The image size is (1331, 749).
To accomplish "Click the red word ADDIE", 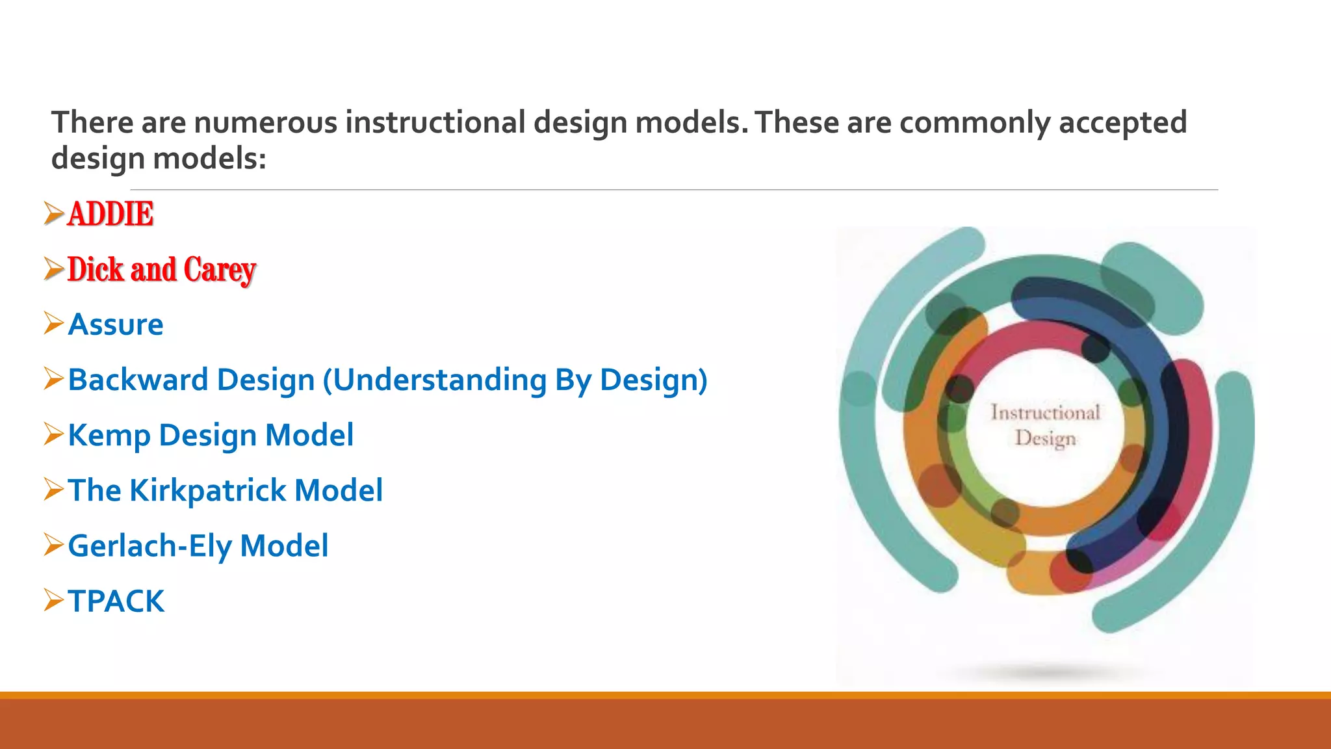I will coord(110,214).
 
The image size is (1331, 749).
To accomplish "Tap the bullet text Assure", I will coord(116,324).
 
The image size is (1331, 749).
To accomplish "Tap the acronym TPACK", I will coord(116,601).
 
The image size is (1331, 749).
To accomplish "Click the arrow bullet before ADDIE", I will coord(53,213).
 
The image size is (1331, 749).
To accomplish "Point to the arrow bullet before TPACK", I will coord(53,600).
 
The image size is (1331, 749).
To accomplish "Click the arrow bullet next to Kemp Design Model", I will coord(53,434).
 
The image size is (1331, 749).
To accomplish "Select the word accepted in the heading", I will coord(1122,122).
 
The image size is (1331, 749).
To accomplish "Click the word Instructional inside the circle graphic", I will coord(1045,412).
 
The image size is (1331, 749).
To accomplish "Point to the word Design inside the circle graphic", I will coord(1045,438).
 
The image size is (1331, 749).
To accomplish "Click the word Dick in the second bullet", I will coord(95,270).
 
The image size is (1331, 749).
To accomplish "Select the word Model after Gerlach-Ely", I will coord(284,545).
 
